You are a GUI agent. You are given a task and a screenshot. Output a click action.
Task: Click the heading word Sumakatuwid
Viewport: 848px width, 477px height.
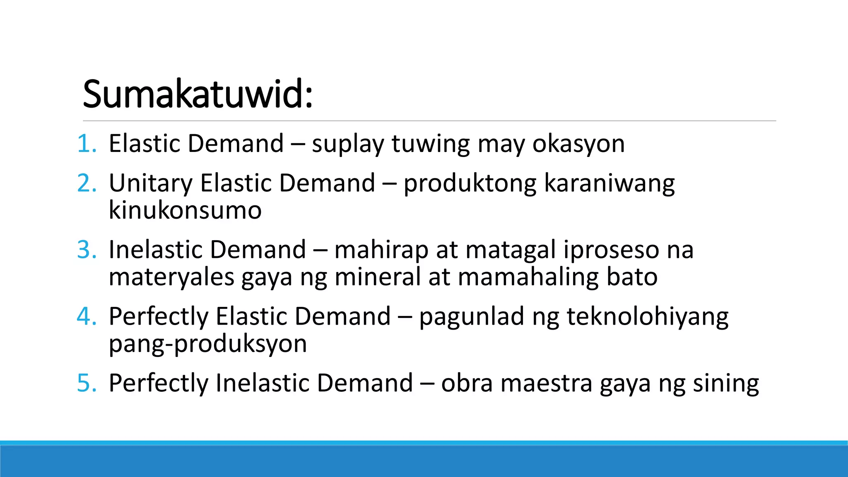pos(197,94)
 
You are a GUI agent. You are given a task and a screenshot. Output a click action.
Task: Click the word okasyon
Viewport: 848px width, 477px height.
pos(578,145)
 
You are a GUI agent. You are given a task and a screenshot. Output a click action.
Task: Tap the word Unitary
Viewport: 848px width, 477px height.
pos(151,183)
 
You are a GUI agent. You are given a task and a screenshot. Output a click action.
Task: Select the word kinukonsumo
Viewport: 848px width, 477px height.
pos(185,210)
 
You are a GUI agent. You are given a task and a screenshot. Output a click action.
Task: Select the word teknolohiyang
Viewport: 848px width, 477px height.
pos(647,317)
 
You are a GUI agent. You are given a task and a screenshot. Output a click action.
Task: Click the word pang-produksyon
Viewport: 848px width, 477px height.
pos(207,344)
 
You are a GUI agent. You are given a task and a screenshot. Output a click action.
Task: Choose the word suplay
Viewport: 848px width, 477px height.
pos(348,145)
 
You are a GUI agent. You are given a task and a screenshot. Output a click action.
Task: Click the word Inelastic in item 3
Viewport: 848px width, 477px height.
pos(156,250)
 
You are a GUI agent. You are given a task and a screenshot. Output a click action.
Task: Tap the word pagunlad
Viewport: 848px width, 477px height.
pos(472,317)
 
